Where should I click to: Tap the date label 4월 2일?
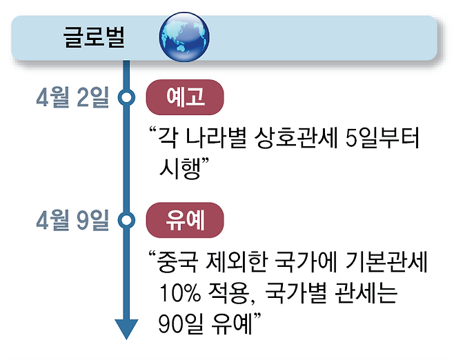click(x=73, y=99)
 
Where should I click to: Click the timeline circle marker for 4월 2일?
click(x=126, y=99)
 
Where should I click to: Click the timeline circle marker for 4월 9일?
click(x=126, y=221)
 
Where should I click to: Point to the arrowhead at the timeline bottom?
click(x=126, y=329)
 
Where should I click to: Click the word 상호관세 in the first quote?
click(x=293, y=138)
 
